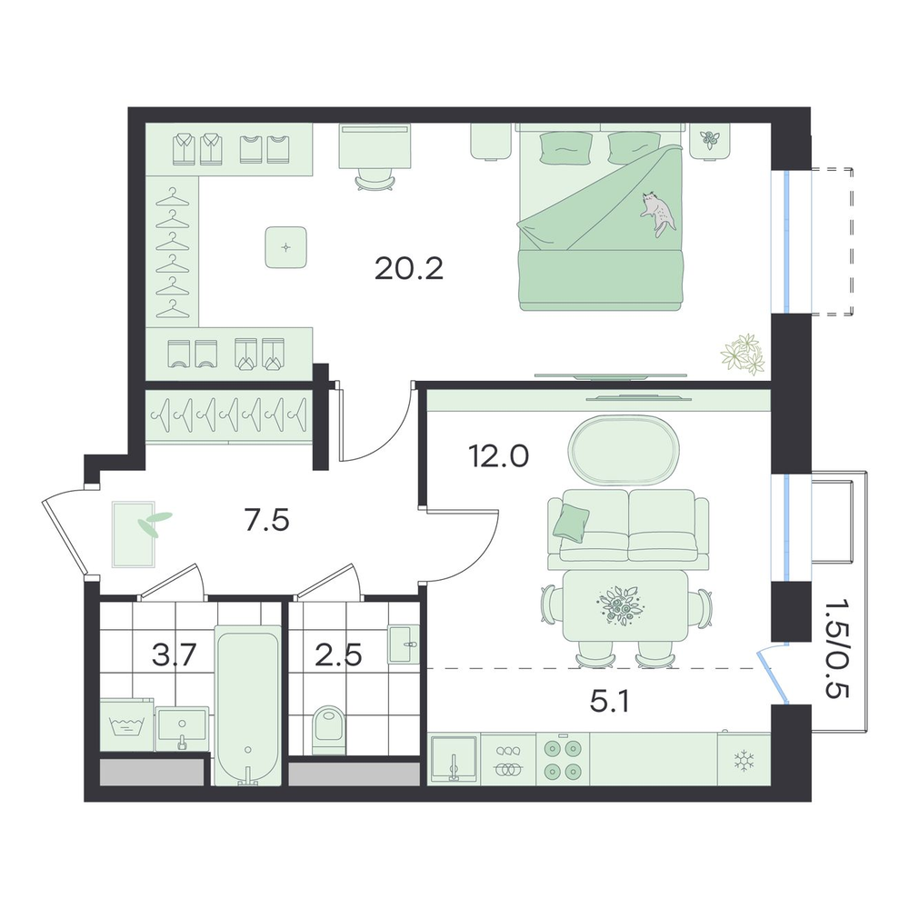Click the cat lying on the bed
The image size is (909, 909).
[x=658, y=213]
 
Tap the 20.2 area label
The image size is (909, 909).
[x=409, y=268]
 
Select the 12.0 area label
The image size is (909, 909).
[x=498, y=456]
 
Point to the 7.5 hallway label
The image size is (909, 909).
[x=266, y=521]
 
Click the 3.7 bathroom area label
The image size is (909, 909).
[x=175, y=655]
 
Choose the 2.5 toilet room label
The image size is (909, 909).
[x=338, y=655]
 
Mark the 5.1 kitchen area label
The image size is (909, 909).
[x=609, y=702]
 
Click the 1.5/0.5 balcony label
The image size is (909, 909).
[x=836, y=648]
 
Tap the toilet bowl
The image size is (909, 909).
[x=329, y=730]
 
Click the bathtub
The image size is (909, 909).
[x=248, y=705]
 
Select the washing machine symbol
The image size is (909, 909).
[x=127, y=727]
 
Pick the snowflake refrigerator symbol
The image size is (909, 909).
[x=743, y=760]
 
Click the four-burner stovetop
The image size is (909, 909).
[x=563, y=759]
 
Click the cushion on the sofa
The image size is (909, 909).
[x=571, y=519]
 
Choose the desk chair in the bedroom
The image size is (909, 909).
[x=375, y=179]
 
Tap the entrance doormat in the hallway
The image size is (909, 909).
[x=135, y=534]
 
